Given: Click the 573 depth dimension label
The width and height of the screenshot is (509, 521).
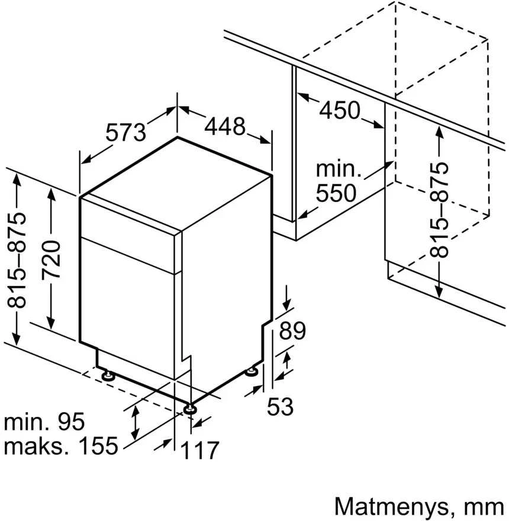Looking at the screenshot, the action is (x=125, y=132).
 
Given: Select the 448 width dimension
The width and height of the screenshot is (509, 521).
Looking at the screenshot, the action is (x=225, y=127).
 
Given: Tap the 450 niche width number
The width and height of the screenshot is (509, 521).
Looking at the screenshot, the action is (x=340, y=110).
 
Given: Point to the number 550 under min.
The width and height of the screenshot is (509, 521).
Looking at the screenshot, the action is (x=336, y=193).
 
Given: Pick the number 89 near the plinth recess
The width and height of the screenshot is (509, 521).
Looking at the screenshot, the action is (x=292, y=330).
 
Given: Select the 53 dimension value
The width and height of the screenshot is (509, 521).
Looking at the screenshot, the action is (x=280, y=406).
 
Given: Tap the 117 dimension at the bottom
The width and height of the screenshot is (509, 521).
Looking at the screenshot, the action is (x=199, y=450).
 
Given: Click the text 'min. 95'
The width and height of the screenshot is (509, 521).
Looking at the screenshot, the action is (x=44, y=422).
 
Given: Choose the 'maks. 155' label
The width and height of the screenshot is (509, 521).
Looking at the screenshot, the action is (x=61, y=445).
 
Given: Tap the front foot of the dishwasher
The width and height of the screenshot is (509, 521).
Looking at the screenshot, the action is (x=190, y=409).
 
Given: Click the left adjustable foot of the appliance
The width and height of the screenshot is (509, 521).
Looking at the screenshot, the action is (x=108, y=375).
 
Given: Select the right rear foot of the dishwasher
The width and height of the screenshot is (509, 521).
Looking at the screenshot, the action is (x=251, y=371).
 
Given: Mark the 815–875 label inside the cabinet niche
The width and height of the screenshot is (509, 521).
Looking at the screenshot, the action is (x=439, y=210).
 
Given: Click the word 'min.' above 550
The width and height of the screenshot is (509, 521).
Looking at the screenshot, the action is (x=338, y=169).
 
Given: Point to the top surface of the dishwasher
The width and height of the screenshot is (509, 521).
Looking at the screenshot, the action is (x=176, y=184).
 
